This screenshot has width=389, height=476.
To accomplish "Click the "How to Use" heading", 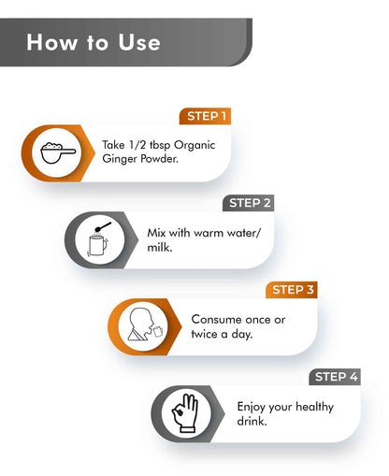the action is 94,42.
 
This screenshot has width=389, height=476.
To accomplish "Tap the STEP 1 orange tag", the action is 205,116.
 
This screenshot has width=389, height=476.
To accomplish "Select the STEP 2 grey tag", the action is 249,203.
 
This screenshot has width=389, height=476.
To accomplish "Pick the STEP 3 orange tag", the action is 292,290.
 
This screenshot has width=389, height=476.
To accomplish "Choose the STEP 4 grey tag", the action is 335,377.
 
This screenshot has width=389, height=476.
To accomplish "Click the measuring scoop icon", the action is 58,152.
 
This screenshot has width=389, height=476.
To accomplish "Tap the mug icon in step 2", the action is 97,245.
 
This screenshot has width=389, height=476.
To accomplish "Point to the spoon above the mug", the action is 103,226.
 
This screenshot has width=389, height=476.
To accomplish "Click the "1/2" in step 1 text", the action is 137,145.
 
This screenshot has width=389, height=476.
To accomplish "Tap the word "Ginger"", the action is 120,159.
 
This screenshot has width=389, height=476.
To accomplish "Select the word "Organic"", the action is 194,146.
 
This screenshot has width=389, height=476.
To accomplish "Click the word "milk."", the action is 160,248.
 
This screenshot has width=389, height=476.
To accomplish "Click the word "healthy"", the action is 314,407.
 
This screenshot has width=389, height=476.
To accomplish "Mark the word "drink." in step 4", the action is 252,421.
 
